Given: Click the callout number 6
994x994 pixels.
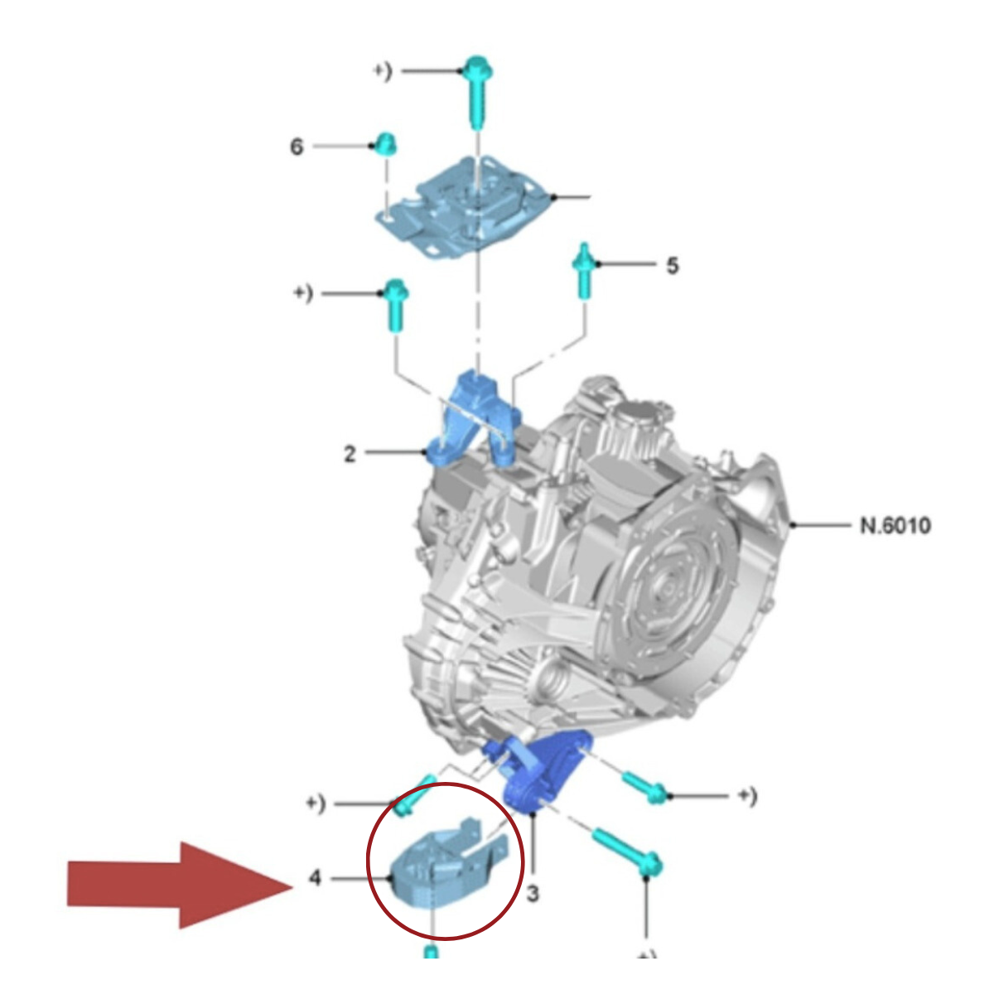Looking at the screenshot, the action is pyautogui.click(x=296, y=147).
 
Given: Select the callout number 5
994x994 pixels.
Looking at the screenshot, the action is pyautogui.click(x=672, y=266).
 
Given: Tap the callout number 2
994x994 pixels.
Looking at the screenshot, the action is pyautogui.click(x=350, y=454).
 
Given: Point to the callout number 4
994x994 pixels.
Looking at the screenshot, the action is pyautogui.click(x=315, y=877).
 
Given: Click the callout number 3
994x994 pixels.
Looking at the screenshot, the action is pyautogui.click(x=533, y=894).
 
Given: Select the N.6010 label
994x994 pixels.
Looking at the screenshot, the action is pyautogui.click(x=895, y=526).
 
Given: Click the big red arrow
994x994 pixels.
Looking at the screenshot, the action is pyautogui.click(x=180, y=885).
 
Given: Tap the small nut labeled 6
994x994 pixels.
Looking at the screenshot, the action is pyautogui.click(x=384, y=144).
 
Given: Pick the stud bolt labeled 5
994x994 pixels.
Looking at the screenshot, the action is pyautogui.click(x=584, y=270).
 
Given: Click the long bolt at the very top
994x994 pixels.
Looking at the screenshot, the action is pyautogui.click(x=476, y=91).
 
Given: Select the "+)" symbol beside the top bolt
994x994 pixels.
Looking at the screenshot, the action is pyautogui.click(x=383, y=71).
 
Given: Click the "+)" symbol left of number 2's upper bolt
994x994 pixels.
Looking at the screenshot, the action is pyautogui.click(x=303, y=293).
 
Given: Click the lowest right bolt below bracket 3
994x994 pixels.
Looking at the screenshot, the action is pyautogui.click(x=628, y=852).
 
